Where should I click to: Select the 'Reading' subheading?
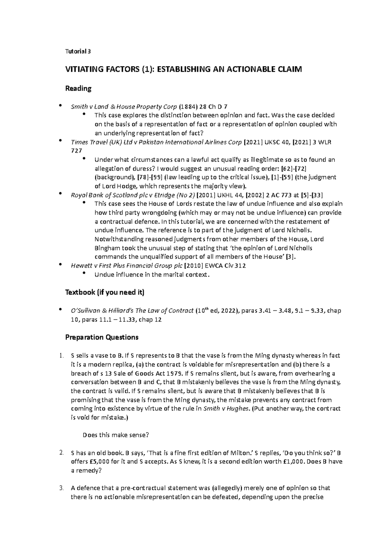pos(78,88)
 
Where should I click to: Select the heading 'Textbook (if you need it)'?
pos(105,292)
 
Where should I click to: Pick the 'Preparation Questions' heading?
pos(102,337)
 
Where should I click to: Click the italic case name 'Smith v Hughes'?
pos(227,408)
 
